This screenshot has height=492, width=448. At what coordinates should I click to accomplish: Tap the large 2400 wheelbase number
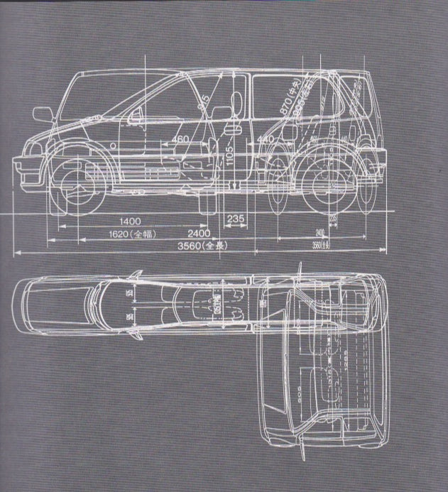[x=198, y=233]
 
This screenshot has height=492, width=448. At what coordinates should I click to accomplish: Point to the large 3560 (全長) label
[x=201, y=246]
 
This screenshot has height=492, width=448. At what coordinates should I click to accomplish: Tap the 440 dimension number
[x=266, y=139]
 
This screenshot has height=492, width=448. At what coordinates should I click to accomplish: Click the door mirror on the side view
[x=43, y=114]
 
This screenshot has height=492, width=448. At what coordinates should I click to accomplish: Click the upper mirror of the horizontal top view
[x=135, y=274]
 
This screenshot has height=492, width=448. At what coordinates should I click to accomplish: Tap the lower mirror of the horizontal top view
[x=134, y=331]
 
